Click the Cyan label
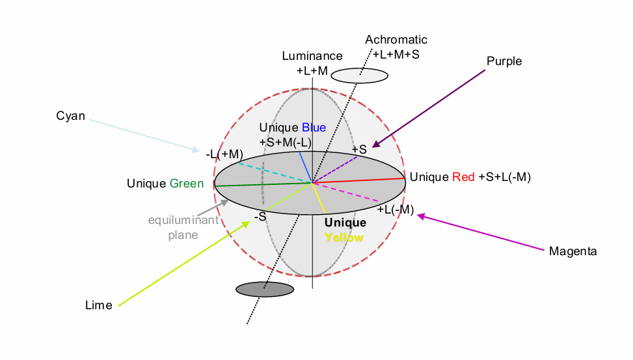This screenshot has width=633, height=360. pos(71,117)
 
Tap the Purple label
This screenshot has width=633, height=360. pos(504,61)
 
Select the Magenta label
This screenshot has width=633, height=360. pos(572,251)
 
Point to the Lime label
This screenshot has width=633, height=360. pos(99,305)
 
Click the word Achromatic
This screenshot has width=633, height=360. pos(396,40)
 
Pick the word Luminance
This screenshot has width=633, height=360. pos(312,57)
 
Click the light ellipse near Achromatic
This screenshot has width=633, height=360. pos(359,76)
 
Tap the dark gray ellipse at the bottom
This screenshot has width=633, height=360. pos(265,289)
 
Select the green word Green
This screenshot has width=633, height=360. pos(187,184)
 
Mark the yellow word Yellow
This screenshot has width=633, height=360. pos(344,238)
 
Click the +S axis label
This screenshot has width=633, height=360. pos(360,150)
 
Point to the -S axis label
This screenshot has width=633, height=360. pos(260,217)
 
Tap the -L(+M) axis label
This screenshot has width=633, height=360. pos(224,155)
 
